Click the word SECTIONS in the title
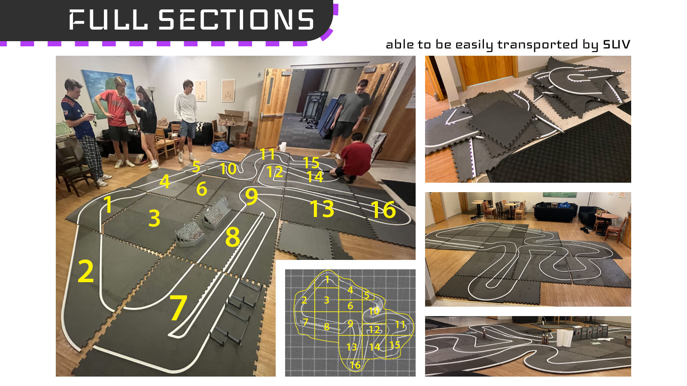(237, 19)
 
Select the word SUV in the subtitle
(617, 45)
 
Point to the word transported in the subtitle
(537, 45)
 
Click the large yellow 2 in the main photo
(86, 271)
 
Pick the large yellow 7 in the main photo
(178, 308)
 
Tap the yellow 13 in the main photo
(322, 209)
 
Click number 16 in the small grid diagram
(355, 365)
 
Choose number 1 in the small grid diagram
(327, 279)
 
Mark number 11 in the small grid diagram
(400, 324)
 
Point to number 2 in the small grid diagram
(304, 300)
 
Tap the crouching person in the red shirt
(353, 158)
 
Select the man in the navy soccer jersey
(83, 132)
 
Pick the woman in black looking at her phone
(146, 126)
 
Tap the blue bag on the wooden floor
(220, 147)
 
